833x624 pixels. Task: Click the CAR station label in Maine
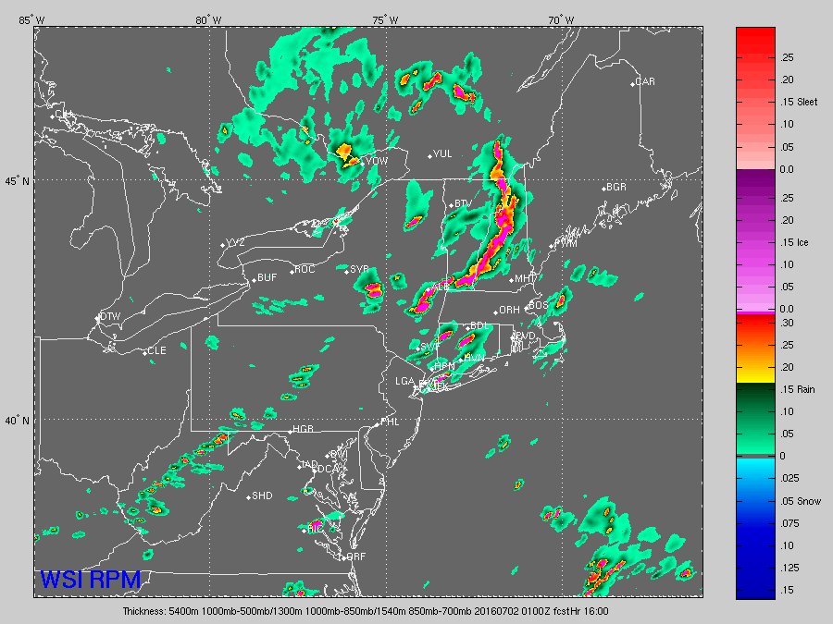(645, 82)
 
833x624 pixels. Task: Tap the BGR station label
(616, 187)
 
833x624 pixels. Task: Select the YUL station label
(442, 154)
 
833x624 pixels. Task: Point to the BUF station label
(267, 277)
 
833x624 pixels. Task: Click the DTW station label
(110, 316)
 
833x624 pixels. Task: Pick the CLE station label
(156, 351)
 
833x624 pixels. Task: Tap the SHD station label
(262, 496)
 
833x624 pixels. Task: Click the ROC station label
(305, 270)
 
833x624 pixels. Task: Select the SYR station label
(359, 270)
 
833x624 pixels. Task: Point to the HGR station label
(304, 430)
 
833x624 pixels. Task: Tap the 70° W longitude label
(560, 20)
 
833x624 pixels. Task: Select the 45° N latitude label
(17, 181)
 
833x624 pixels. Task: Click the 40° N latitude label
(17, 420)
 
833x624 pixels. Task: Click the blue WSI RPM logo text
(90, 580)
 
